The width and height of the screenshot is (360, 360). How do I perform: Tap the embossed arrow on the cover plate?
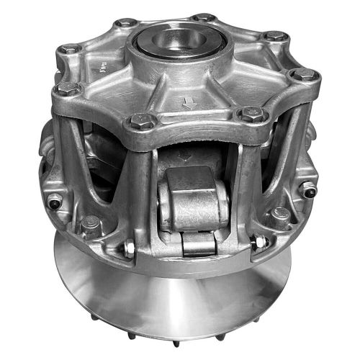click(190, 104)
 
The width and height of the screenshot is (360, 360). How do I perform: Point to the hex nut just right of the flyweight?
click(260, 243)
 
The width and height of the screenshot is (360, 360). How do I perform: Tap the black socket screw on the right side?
click(307, 191)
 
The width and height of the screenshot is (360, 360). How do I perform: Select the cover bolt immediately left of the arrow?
click(140, 120)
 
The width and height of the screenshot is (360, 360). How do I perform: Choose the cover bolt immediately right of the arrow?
click(252, 113)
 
